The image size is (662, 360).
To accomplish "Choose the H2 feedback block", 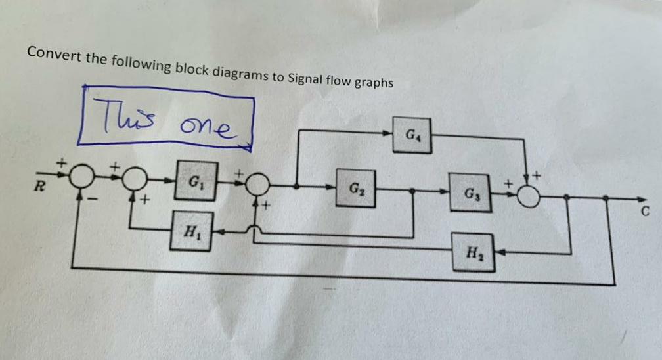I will pos(474,252).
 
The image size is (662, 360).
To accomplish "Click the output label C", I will pos(645,212).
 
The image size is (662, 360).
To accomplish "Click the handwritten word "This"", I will pos(119,112).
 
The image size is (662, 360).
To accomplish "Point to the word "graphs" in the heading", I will pos(374,83).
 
